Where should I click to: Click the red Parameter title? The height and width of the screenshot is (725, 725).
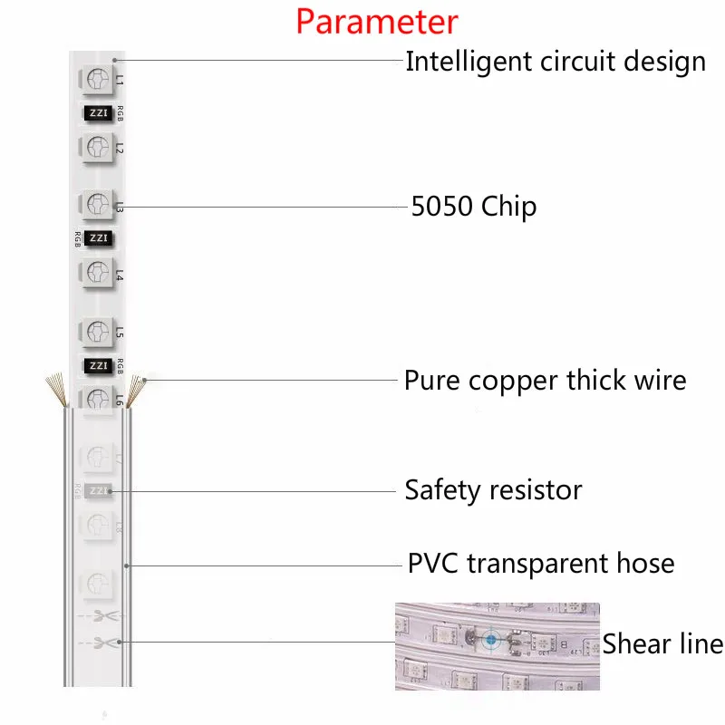(x=377, y=22)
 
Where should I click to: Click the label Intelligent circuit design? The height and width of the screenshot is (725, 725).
(x=556, y=62)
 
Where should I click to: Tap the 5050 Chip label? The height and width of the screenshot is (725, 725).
(x=474, y=207)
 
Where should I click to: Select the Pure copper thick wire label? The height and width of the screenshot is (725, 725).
(x=546, y=381)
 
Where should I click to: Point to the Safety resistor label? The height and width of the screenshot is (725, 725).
(x=493, y=490)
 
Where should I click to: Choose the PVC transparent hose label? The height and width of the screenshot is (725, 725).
(x=541, y=564)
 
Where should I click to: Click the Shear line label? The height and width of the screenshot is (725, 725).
(x=662, y=643)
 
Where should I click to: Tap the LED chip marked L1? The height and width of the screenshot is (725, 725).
(x=97, y=79)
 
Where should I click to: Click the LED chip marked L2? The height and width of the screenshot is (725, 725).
(x=97, y=148)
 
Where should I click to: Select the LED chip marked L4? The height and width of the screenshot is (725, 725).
(x=97, y=273)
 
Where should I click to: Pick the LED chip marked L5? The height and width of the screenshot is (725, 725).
(x=97, y=332)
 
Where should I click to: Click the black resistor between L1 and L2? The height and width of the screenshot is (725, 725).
(x=99, y=113)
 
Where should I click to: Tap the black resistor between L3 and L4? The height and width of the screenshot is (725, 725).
(x=99, y=238)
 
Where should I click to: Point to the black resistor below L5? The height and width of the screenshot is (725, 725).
(x=99, y=366)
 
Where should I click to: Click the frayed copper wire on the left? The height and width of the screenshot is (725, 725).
(x=57, y=390)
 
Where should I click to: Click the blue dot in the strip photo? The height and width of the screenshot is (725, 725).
(x=491, y=640)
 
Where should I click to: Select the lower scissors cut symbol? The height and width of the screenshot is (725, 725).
(x=105, y=643)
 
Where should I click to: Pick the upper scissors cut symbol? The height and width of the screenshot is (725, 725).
(x=105, y=616)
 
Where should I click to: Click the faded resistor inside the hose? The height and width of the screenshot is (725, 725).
(x=99, y=490)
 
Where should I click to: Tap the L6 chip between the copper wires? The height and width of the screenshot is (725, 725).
(x=97, y=398)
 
